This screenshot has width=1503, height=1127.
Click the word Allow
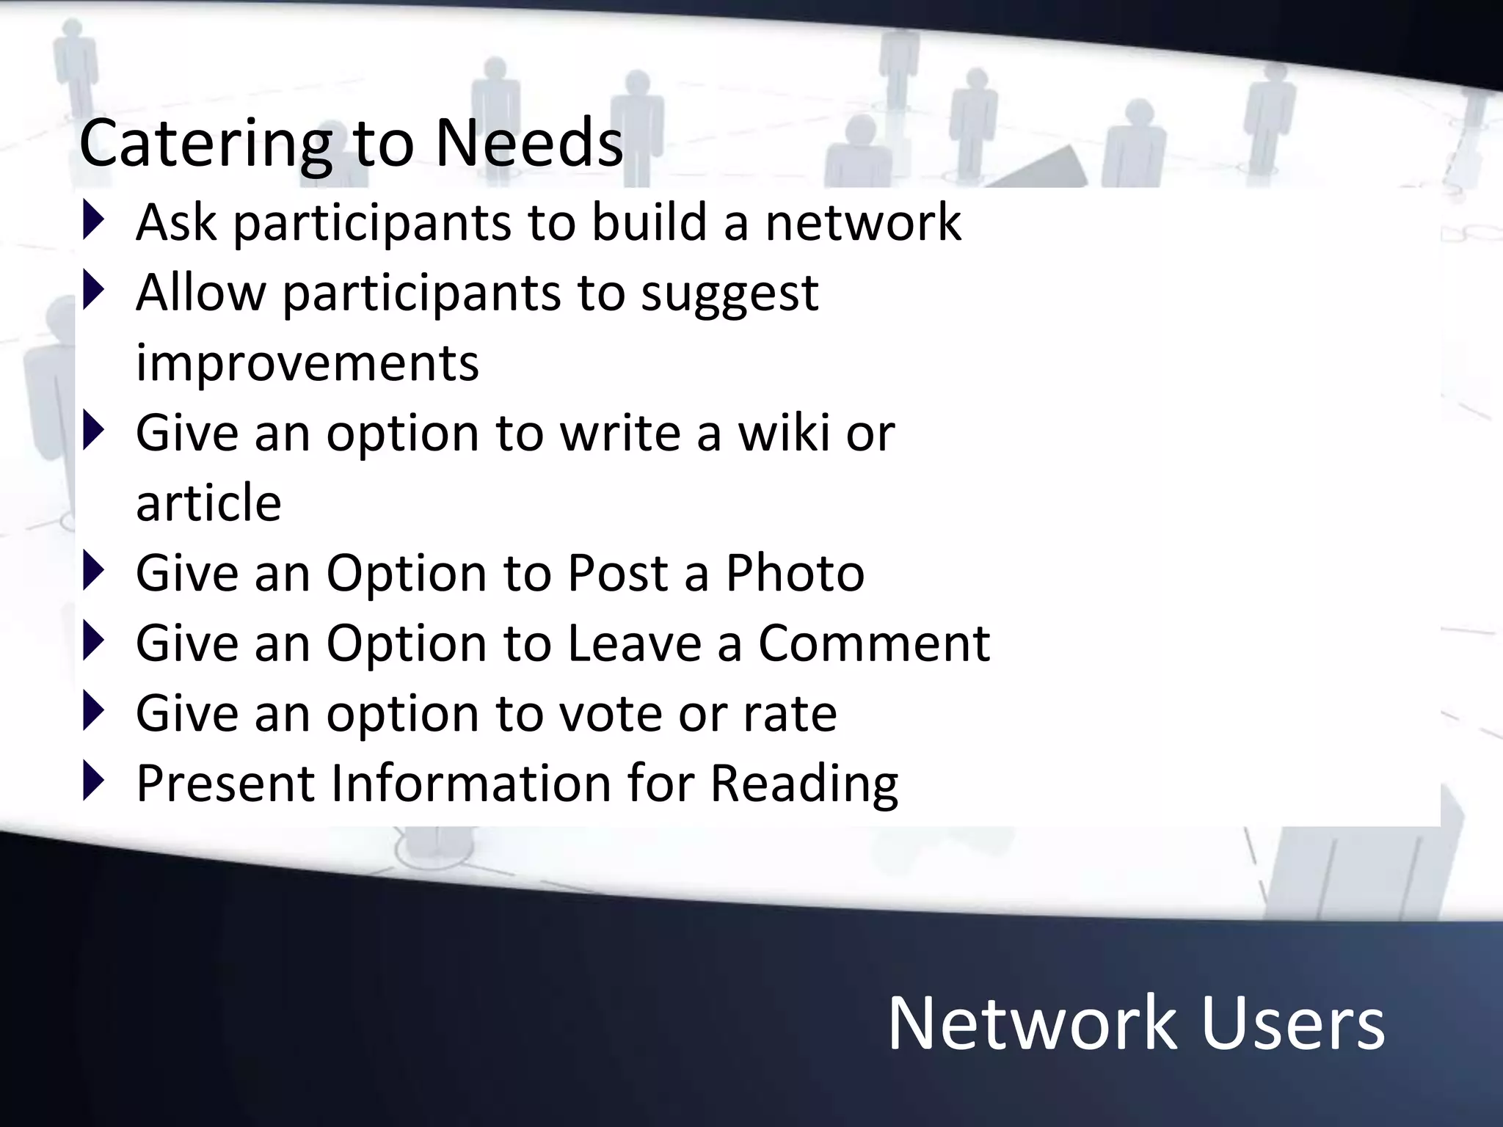click(200, 292)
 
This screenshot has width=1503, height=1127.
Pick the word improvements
click(307, 362)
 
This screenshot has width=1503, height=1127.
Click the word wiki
click(783, 432)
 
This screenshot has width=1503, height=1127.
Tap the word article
click(208, 503)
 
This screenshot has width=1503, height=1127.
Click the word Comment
click(873, 643)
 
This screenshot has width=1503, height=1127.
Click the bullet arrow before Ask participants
click(93, 221)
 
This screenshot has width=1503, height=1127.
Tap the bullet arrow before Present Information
click(93, 781)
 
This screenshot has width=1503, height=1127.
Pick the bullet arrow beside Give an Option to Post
click(93, 571)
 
